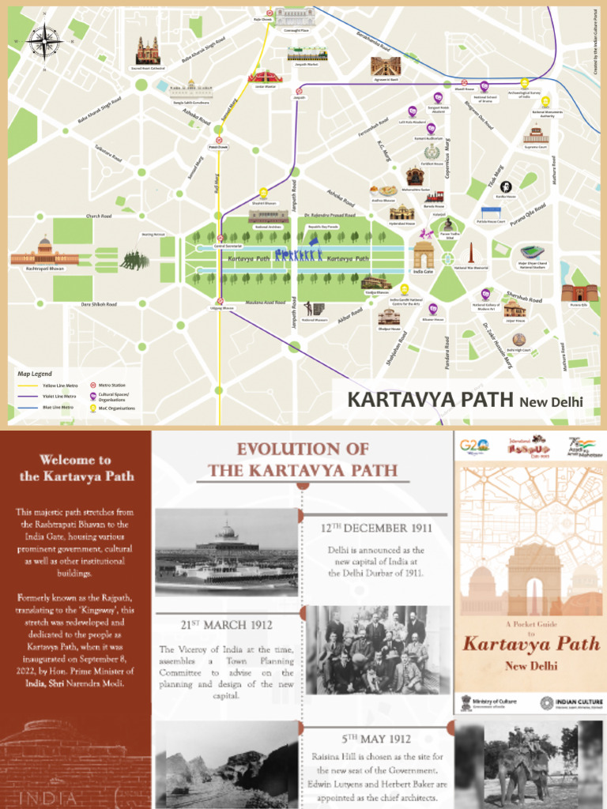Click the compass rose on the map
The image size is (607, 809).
point(46,40)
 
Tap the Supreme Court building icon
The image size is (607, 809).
point(536,134)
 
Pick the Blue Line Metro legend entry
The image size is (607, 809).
point(49,408)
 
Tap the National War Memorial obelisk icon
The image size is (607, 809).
point(470,254)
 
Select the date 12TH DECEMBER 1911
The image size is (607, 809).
point(375,528)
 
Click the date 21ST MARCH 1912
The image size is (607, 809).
point(226,625)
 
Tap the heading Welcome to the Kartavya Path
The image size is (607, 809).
point(75,468)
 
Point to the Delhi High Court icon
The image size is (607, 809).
point(518,340)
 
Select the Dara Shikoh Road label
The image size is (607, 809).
point(99,303)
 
